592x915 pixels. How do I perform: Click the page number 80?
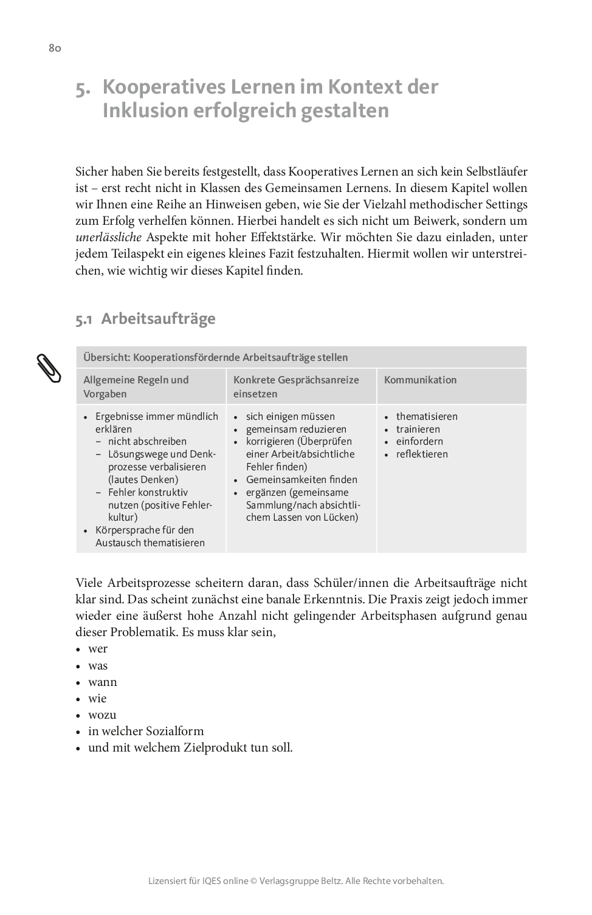pos(55,48)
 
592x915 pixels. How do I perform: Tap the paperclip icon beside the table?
pos(49,367)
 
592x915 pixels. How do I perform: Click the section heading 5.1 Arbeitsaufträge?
pos(145,318)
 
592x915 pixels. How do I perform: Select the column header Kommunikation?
pos(420,380)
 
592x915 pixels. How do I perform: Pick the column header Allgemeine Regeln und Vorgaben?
pos(136,386)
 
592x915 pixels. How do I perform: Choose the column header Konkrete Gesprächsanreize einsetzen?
pos(296,386)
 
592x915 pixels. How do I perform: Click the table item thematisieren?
pos(427,416)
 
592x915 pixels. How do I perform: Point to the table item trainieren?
pos(418,429)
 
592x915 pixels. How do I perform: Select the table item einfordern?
pos(419,441)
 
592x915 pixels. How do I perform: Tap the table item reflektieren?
pos(422,454)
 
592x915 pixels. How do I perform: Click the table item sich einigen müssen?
pos(291,416)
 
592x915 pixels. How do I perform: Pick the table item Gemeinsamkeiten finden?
pos(301,479)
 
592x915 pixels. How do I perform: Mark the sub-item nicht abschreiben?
pos(147,441)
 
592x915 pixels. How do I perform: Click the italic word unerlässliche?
pos(108,238)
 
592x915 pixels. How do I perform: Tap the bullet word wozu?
pos(102,715)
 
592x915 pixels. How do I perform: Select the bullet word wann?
pos(103,682)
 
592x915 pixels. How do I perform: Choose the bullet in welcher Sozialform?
pos(146,731)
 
